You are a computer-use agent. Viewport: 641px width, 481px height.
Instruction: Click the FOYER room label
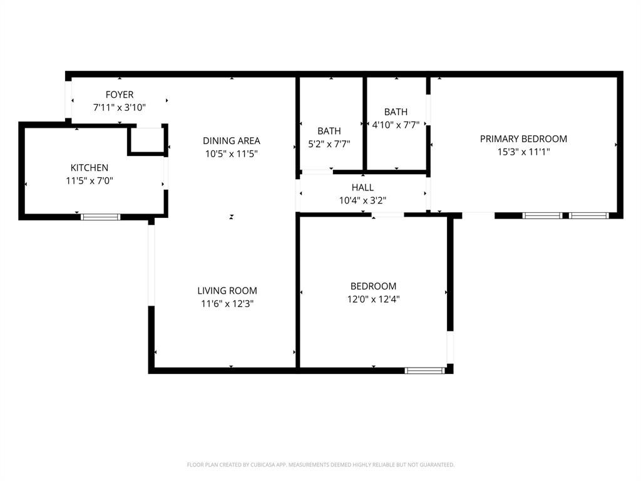coord(119,95)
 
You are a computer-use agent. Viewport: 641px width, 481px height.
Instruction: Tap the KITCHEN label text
coord(89,168)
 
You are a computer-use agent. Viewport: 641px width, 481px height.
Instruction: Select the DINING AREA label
coord(231,141)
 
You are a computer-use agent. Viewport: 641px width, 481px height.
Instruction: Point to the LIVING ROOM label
coord(227,291)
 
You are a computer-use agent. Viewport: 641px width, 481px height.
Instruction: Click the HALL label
coord(362,187)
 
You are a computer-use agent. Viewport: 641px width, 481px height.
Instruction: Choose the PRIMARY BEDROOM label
coord(523,139)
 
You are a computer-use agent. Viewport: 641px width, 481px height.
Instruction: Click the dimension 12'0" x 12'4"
coord(373,299)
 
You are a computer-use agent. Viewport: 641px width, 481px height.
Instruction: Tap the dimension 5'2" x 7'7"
coord(329,143)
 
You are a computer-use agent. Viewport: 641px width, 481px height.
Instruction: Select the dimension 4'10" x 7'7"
coord(396,125)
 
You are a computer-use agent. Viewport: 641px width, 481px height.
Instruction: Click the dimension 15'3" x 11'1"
coord(523,152)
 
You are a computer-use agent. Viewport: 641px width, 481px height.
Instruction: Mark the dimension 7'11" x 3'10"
coord(119,108)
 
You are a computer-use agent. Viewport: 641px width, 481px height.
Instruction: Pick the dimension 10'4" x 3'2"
coord(362,200)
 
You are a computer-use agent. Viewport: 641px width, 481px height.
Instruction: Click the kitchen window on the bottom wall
coord(100,217)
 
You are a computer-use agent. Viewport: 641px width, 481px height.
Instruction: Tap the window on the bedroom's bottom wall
coord(425,371)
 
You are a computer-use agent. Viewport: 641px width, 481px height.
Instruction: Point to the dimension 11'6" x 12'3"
coord(227,304)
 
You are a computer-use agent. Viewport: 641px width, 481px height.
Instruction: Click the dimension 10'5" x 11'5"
coord(231,153)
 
